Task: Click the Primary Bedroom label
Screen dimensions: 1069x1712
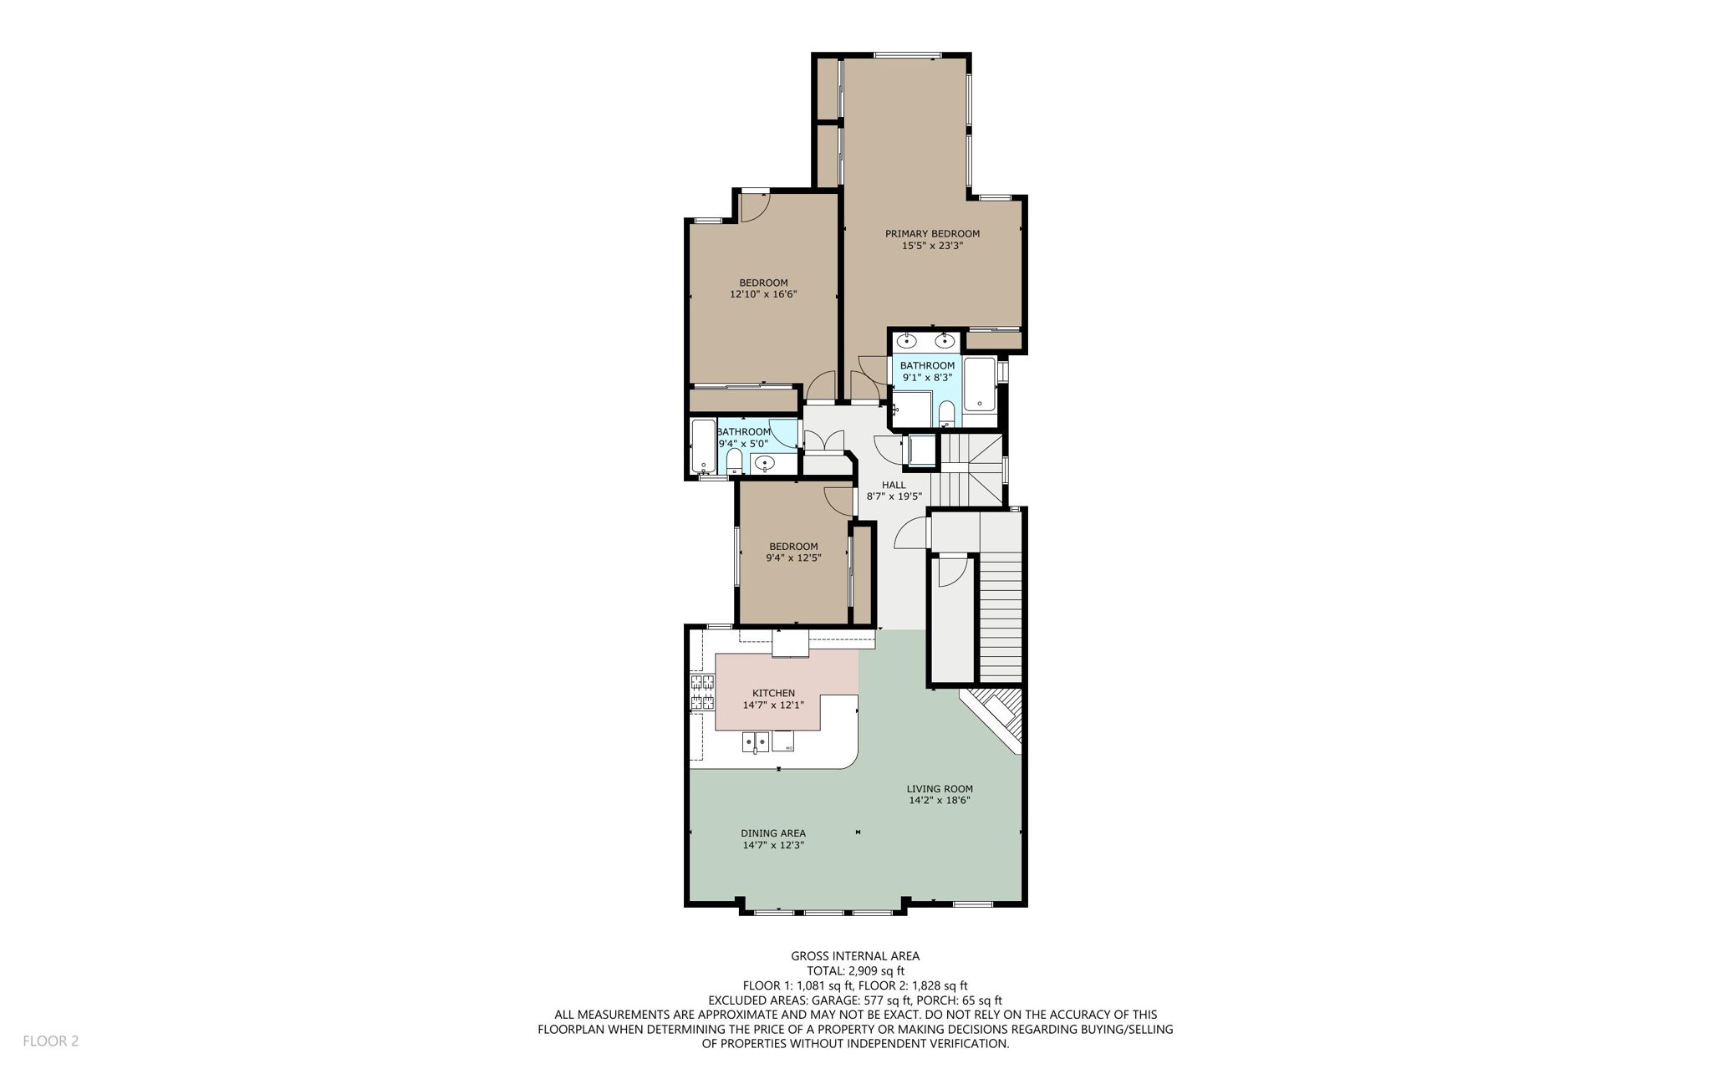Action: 932,234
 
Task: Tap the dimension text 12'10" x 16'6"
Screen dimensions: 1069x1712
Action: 763,294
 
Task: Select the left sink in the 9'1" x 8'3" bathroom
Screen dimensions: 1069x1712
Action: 907,341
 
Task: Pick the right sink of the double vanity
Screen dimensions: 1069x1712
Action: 945,341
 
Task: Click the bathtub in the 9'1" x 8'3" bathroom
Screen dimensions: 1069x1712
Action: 979,384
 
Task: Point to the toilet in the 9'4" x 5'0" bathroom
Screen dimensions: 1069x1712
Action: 734,461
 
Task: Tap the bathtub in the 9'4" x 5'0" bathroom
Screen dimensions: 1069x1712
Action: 703,447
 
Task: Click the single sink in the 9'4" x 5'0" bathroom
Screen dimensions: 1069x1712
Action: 764,463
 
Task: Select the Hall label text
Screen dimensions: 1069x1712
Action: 894,485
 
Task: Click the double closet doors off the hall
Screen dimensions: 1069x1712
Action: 823,441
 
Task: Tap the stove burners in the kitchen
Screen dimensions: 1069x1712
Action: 702,692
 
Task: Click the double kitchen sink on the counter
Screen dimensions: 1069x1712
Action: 756,741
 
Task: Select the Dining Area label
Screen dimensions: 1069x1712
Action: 773,833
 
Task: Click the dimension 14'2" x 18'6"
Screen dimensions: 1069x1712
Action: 940,801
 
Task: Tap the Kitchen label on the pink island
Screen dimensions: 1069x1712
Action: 773,693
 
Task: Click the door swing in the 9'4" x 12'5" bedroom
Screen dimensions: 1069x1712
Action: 838,500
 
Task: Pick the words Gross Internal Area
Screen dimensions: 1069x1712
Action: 855,956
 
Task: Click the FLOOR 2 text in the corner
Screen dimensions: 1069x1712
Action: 50,1041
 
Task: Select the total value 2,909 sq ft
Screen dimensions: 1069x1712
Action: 876,971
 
